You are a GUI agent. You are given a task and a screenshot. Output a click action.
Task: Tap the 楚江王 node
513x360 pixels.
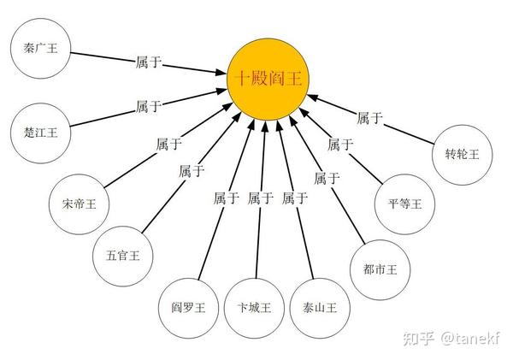coord(40,131)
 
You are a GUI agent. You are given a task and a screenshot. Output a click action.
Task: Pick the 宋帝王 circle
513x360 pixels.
coord(80,204)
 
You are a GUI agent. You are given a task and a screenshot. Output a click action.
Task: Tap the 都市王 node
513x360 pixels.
coord(380,269)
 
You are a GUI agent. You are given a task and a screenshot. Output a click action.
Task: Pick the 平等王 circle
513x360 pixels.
coord(405,203)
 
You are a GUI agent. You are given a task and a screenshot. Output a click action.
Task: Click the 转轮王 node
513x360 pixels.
coord(463,154)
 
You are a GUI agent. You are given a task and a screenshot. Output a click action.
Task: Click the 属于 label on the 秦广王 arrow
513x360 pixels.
coord(148,62)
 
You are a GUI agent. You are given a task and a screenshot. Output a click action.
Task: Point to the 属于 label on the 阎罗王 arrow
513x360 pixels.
coord(227,198)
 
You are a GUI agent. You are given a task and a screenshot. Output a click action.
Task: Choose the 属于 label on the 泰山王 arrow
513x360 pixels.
coord(295,198)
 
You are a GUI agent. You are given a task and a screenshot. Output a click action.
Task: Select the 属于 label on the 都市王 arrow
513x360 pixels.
coord(327,179)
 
